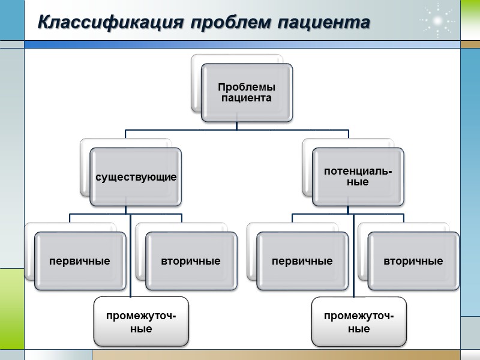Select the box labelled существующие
(136, 178)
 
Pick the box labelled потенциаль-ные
(358, 177)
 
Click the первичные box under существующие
(80, 262)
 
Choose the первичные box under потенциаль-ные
(302, 262)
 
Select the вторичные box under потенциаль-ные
(413, 262)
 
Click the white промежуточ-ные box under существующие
(140, 322)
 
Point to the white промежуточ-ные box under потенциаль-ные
(358, 322)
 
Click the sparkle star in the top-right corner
(438, 21)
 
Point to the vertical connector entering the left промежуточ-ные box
(130, 258)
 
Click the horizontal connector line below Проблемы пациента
(180, 130)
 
